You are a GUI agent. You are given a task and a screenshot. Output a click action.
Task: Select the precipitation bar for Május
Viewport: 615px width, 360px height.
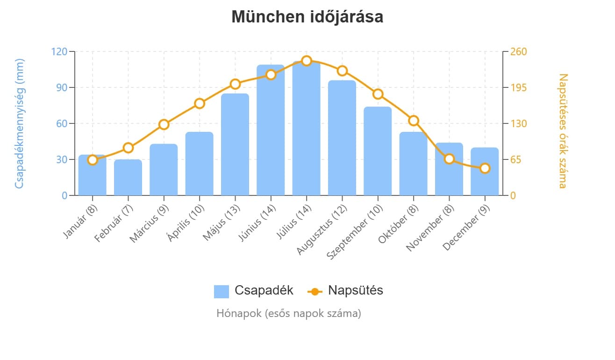(235, 144)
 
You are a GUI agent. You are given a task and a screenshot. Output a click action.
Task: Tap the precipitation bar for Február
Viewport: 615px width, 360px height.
(128, 178)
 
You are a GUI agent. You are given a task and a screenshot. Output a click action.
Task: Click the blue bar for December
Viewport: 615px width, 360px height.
(485, 172)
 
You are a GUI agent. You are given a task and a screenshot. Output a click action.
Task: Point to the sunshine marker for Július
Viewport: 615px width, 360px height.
(307, 61)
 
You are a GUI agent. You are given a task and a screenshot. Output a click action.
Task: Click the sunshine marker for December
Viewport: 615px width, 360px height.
(485, 168)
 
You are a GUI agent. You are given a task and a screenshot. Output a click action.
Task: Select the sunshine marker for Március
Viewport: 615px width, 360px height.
(164, 124)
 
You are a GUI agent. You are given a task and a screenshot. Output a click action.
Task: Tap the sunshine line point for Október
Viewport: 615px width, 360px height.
(414, 121)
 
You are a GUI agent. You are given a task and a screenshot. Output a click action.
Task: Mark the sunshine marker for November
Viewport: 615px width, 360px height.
(449, 159)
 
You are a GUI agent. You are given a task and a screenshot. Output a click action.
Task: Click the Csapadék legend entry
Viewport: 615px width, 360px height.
(254, 290)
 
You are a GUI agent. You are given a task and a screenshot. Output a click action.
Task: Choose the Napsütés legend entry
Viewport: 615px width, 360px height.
(345, 290)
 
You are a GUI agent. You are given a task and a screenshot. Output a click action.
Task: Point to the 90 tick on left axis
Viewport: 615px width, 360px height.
(62, 87)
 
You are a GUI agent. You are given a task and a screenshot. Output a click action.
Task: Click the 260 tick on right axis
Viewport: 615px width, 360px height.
(518, 51)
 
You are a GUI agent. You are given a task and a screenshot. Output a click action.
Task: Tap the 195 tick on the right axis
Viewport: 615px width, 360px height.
(518, 87)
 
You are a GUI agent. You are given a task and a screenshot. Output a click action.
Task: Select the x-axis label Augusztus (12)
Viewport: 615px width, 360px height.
(322, 229)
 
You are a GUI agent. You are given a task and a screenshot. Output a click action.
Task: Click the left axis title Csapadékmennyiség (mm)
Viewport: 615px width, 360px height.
(19, 123)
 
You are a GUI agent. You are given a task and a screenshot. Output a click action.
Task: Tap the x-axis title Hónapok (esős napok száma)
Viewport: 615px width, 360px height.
(288, 313)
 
